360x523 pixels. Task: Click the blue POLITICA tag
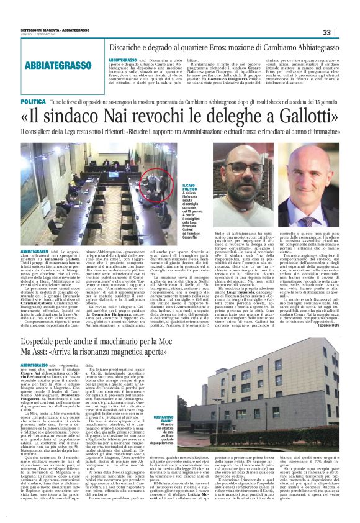tap(50, 101)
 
